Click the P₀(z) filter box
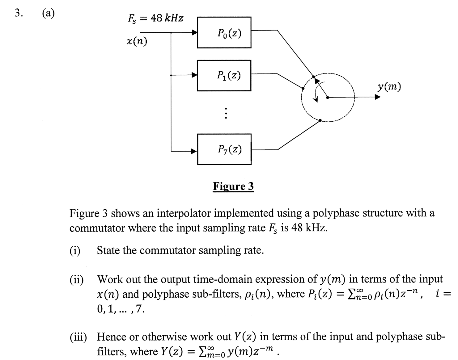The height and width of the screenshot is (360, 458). point(224,32)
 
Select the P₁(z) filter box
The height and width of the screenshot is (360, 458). point(224,75)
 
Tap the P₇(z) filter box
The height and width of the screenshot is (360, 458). point(224,149)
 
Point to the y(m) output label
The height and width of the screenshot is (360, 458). point(389,87)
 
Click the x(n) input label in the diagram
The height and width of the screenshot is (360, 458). point(137,41)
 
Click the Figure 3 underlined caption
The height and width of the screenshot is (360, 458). point(233,186)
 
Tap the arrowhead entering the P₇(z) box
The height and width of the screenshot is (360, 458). point(194,151)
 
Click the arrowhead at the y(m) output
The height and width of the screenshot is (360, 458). point(377,97)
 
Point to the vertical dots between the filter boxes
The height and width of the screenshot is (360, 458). point(226,113)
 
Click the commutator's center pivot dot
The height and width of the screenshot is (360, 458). point(328,98)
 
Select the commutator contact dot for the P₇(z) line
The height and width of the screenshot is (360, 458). point(320,120)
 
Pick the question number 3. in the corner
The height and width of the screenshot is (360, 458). point(19,13)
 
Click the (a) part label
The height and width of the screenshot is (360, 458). point(48,13)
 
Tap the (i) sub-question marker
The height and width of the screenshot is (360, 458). point(75,250)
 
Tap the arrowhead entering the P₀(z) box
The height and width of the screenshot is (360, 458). point(194,32)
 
